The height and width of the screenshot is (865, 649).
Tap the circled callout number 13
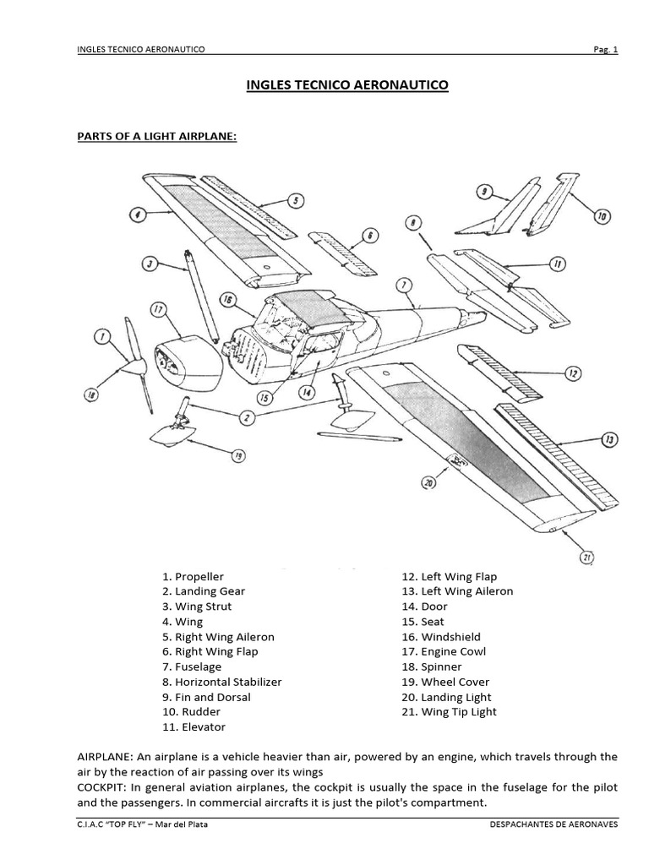click(609, 439)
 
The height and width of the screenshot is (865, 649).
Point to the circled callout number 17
click(159, 309)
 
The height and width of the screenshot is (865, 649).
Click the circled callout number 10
click(601, 216)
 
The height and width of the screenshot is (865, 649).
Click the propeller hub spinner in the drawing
click(135, 366)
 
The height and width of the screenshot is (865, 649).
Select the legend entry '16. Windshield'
click(441, 637)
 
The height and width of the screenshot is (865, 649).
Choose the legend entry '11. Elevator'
click(194, 726)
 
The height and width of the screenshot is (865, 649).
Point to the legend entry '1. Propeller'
click(193, 576)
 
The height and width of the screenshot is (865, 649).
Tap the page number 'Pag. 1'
click(604, 49)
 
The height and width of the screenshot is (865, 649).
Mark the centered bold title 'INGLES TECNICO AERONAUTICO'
click(347, 85)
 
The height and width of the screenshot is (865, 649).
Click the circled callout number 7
click(405, 284)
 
